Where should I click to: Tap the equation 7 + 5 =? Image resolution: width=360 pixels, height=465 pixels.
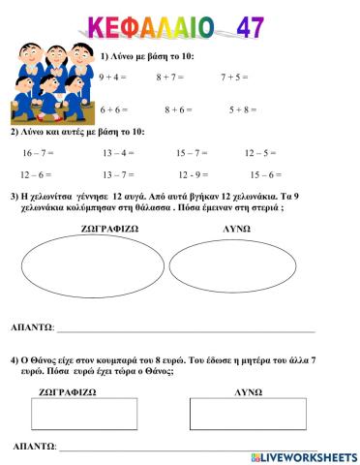[236, 77]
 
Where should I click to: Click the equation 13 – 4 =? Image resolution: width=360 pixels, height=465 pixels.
[118, 152]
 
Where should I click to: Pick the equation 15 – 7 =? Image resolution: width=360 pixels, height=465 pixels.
[194, 152]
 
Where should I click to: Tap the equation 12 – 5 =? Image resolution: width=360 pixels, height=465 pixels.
[261, 152]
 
